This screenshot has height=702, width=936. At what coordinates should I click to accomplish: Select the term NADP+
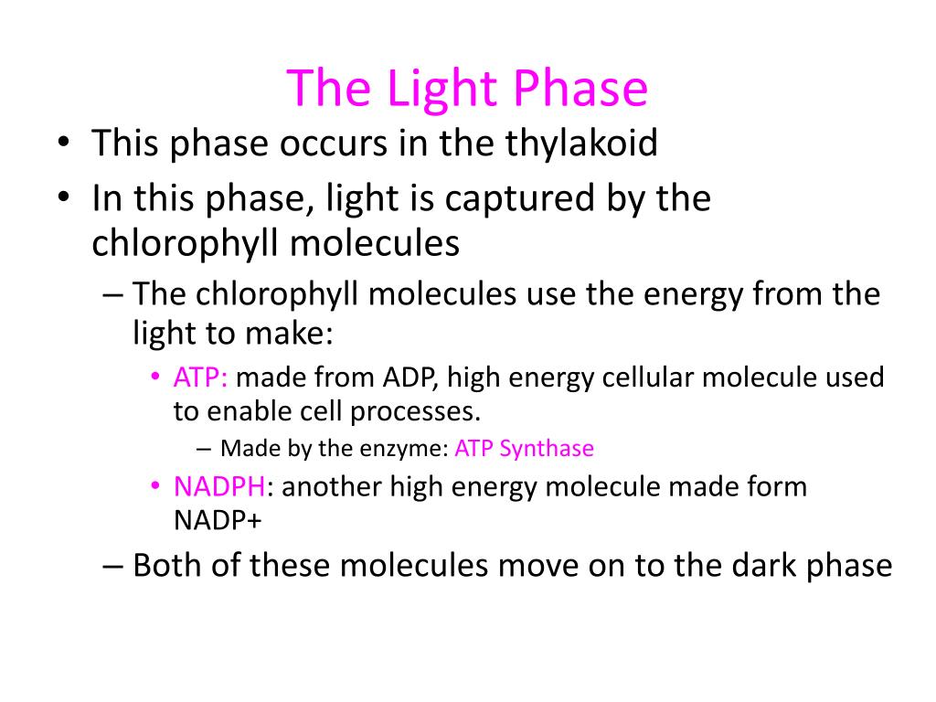[211, 519]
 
